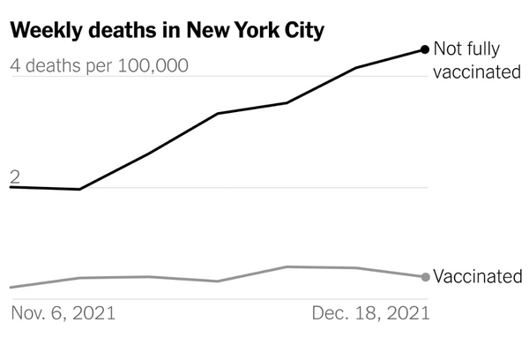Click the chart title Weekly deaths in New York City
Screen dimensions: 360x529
[x=168, y=30]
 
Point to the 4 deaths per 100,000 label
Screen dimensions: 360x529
[x=99, y=66]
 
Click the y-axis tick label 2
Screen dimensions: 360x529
[x=15, y=177]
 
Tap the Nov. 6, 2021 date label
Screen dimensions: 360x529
[x=63, y=313]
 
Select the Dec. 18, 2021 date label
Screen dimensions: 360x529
[x=370, y=313]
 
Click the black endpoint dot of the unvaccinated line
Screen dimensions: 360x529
[x=426, y=49]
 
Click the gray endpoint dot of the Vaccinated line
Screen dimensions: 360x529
[x=426, y=277]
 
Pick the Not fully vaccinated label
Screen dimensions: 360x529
[x=477, y=61]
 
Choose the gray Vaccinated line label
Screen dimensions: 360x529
[x=477, y=277]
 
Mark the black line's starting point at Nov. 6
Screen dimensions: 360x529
[x=11, y=187]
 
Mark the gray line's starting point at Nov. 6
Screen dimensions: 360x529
[x=11, y=288]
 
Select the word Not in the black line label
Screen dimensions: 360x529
[x=449, y=50]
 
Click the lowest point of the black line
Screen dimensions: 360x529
[x=79, y=189]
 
